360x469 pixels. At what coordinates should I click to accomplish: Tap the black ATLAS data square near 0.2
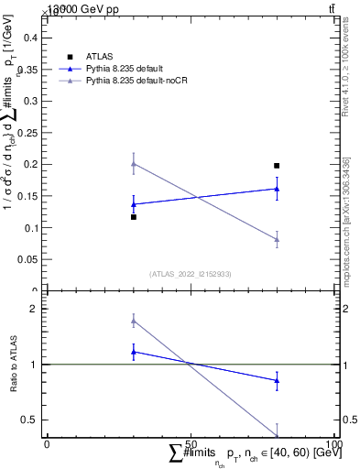tap(277, 166)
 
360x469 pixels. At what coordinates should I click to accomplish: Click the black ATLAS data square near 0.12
tap(134, 217)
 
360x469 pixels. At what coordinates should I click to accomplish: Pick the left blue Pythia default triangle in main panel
tap(134, 204)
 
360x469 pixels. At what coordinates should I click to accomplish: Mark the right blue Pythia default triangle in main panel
tap(277, 189)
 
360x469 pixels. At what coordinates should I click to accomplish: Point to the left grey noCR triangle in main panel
tap(134, 164)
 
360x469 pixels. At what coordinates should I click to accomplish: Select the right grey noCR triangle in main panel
tap(277, 239)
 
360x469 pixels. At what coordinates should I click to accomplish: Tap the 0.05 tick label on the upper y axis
tap(27, 259)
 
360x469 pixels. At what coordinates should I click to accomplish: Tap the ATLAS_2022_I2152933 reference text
tap(190, 274)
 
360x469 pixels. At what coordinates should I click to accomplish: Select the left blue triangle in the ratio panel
tap(134, 352)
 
